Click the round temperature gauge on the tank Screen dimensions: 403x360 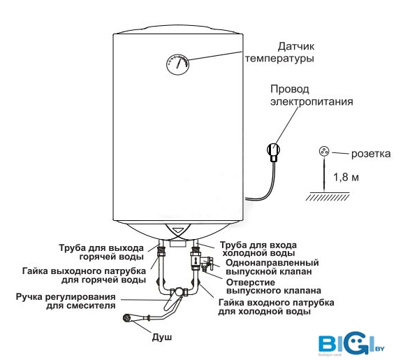click(x=178, y=64)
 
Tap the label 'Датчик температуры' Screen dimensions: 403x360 click(x=279, y=52)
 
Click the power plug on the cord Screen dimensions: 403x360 click(x=274, y=152)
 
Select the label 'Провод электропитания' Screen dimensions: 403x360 click(x=312, y=95)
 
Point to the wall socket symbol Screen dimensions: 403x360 click(x=324, y=152)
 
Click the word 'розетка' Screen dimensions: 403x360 click(x=371, y=154)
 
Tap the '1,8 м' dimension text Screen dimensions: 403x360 click(x=346, y=177)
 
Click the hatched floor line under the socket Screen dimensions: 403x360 click(x=328, y=196)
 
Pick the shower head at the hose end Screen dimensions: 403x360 click(x=128, y=318)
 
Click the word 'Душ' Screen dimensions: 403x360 click(x=161, y=337)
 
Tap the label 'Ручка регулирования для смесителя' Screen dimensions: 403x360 click(x=66, y=301)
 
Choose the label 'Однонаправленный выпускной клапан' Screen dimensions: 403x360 click(x=272, y=267)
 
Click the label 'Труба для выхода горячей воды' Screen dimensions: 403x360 click(x=101, y=252)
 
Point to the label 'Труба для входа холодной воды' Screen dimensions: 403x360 click(x=258, y=249)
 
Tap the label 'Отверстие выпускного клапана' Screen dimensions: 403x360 click(x=274, y=287)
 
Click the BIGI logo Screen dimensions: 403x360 click(x=351, y=343)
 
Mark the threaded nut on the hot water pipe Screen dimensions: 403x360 click(x=161, y=251)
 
